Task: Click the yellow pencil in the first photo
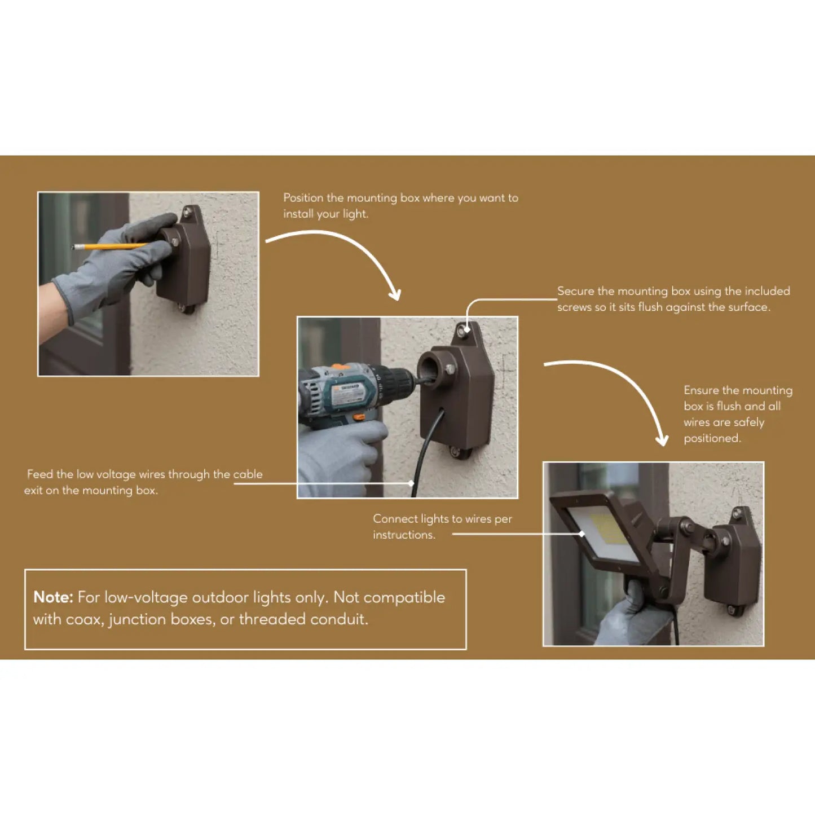click(x=111, y=246)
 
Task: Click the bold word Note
click(x=53, y=597)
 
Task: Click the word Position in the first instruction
click(x=303, y=198)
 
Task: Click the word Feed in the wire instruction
click(x=39, y=474)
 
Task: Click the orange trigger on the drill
click(x=359, y=418)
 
